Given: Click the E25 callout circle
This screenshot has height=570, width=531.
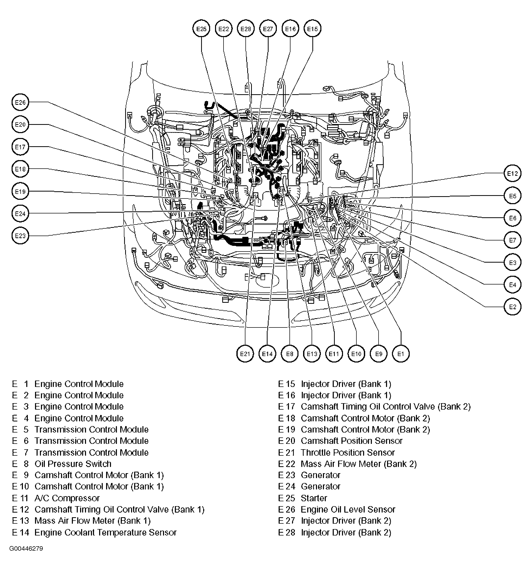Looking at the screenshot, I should [201, 29].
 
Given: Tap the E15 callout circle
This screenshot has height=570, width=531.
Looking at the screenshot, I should [312, 29].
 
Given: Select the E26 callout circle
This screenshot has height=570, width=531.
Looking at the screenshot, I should [20, 102].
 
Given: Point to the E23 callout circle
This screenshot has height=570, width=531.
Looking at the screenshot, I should [20, 236].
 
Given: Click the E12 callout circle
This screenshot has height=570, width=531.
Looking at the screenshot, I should [512, 173].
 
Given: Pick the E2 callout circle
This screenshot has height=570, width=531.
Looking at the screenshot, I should [512, 307].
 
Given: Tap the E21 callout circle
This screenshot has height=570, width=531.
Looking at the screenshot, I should [245, 353].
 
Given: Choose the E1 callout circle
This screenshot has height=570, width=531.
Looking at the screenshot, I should [400, 353].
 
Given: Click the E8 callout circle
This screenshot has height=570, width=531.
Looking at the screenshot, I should [290, 353].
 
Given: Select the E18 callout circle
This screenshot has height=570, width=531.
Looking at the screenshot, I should [20, 169].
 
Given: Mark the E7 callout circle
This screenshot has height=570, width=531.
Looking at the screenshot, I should [512, 240].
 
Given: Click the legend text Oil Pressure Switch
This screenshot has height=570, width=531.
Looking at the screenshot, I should [73, 464].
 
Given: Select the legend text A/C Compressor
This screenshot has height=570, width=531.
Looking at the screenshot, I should [67, 498].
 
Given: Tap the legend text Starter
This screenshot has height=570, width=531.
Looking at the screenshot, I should [314, 498].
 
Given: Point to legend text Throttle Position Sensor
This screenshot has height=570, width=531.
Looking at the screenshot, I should [347, 452].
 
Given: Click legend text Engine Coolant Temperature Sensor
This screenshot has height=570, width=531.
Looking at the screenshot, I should [105, 532].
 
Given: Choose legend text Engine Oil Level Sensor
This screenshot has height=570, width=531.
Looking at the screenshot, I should [348, 509].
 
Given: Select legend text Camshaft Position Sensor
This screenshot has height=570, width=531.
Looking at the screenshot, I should [352, 441].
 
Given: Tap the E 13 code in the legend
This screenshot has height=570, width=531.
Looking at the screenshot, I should [21, 521].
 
